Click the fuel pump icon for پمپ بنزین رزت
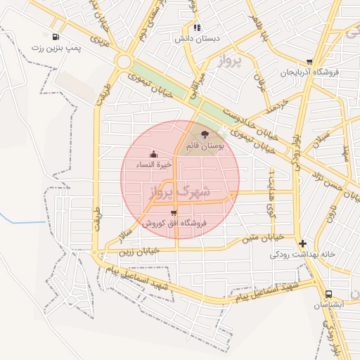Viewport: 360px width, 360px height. pos(56,37)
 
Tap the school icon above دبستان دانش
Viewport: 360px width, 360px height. pos(198,27)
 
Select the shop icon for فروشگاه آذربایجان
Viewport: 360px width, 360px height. pos(309,62)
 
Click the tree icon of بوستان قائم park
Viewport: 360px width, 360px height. pos(205,134)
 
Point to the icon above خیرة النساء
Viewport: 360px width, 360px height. pos(154,154)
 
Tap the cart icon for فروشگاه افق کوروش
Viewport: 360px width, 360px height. pos(174,212)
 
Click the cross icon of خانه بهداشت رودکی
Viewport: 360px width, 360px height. pos(302,243)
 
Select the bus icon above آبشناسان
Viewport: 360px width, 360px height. pos(328,294)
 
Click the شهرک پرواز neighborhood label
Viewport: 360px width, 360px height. pos(179,190)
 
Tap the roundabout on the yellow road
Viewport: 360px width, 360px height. pos(124,62)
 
